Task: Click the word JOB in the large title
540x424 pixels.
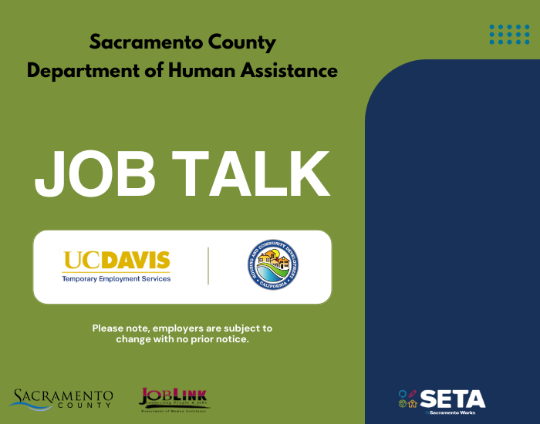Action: (x=94, y=174)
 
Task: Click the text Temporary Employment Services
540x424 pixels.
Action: (x=116, y=278)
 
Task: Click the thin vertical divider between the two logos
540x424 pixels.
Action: (x=208, y=266)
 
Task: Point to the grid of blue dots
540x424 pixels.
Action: (x=509, y=34)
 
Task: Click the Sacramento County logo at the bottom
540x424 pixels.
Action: (x=62, y=399)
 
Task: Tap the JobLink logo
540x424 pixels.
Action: (x=174, y=399)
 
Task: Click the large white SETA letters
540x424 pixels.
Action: (x=453, y=398)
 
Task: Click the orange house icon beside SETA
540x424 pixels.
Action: (x=413, y=403)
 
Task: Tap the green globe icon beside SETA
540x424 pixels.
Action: (x=402, y=403)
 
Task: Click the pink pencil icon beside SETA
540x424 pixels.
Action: (x=413, y=393)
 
